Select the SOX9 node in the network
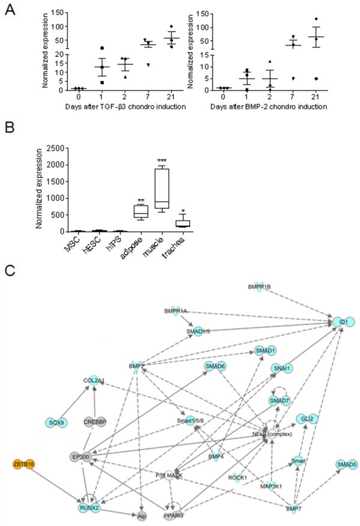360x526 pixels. [x=56, y=422]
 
